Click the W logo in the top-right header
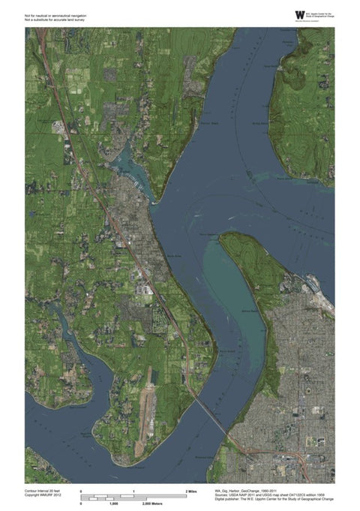(x=300, y=14)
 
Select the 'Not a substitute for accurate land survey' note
(x=55, y=19)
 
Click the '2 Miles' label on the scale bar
(x=190, y=490)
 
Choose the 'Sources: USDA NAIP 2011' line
(x=255, y=494)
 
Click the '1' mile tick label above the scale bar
(x=133, y=490)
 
